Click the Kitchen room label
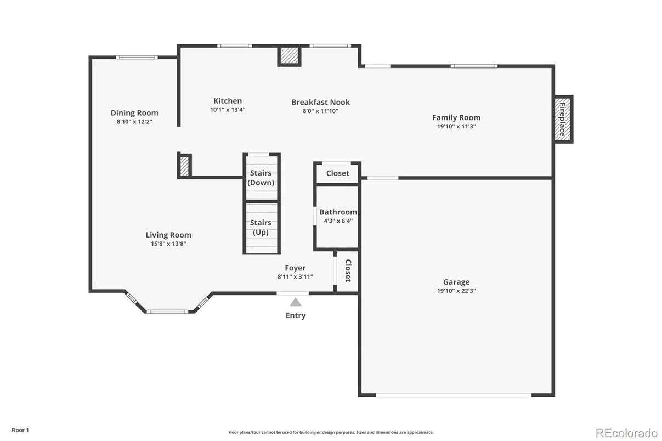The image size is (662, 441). point(228,101)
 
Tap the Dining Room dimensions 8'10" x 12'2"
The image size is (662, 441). point(134,121)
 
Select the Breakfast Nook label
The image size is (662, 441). point(321,102)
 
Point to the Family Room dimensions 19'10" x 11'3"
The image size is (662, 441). point(456,126)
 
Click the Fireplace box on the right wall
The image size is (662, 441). point(563,120)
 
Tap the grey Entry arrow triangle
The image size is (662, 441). point(296,302)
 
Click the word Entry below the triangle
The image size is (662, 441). point(296,315)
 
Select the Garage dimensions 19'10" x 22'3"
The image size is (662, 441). point(456,291)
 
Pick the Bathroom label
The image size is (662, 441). point(338,212)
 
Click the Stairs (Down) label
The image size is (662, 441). point(261,178)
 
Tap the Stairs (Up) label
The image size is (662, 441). point(261,227)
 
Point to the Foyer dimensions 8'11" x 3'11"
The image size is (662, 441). point(295,276)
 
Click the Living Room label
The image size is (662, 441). point(168,235)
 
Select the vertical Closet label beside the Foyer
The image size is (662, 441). point(348,270)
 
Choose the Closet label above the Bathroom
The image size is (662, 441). point(337,173)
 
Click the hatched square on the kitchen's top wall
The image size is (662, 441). point(289,55)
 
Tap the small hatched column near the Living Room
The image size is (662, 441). point(184,166)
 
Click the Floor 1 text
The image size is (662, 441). point(20,430)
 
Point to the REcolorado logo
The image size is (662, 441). point(626,433)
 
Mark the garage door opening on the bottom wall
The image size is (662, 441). point(454,395)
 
